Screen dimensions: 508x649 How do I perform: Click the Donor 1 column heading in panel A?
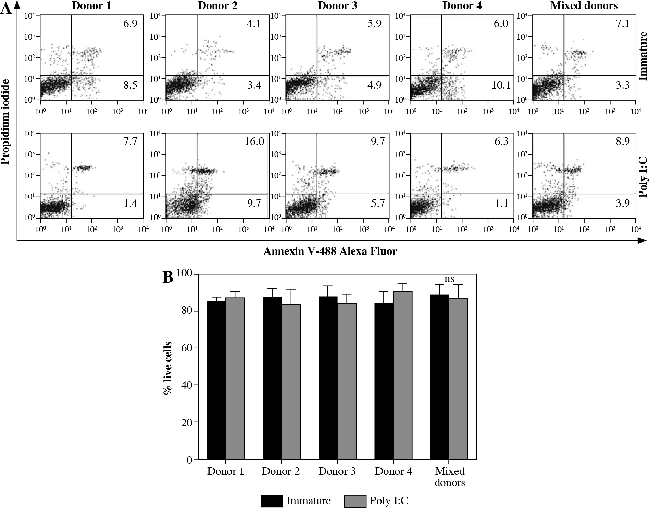coord(91,6)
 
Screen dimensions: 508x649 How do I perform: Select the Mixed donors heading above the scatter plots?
coord(584,6)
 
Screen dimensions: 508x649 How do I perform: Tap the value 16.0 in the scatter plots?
coord(254,141)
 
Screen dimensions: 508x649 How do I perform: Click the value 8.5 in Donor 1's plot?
coord(130,85)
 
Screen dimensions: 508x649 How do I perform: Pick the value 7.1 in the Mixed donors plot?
coord(623,24)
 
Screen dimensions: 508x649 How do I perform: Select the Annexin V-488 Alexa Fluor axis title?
coord(330,252)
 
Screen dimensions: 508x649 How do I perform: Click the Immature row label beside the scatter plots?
coord(643,56)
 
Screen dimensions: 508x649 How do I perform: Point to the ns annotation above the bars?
coord(449,279)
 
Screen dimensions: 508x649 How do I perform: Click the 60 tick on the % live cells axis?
coord(188,348)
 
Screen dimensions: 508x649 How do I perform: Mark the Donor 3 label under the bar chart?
coord(337,472)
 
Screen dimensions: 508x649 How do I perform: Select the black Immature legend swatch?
coord(272,501)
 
